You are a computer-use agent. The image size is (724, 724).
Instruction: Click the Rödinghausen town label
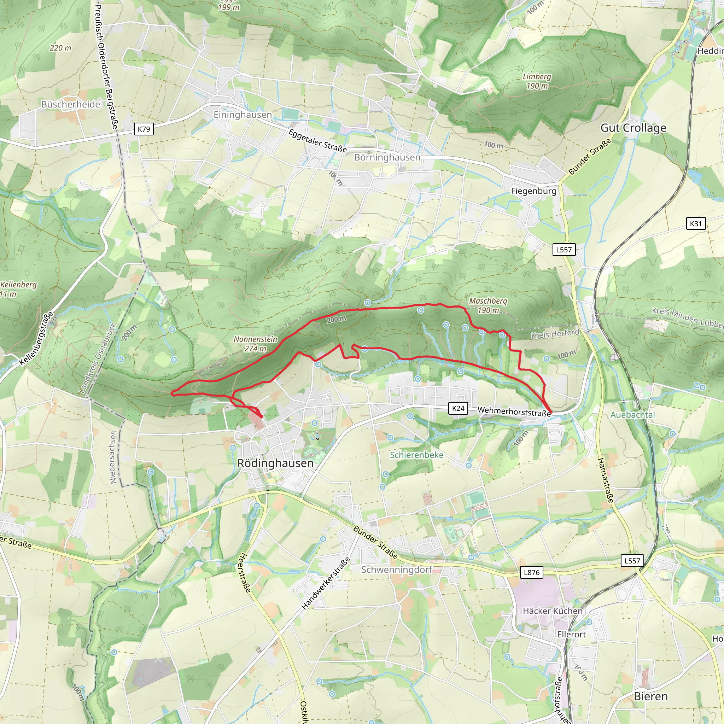click(x=275, y=463)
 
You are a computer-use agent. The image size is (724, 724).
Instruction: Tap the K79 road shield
click(x=144, y=129)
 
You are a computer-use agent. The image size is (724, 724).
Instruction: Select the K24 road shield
click(x=458, y=408)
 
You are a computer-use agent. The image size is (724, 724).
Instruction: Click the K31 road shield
click(x=695, y=224)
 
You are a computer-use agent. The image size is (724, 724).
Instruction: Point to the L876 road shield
click(x=531, y=572)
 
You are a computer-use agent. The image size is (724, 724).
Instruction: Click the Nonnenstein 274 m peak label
click(x=256, y=344)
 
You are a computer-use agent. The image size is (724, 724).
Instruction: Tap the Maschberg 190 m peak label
click(x=488, y=305)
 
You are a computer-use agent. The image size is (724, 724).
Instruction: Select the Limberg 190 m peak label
click(x=537, y=81)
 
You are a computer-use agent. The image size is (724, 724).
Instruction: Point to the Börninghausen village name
click(x=387, y=157)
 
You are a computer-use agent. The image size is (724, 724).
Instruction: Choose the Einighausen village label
click(x=243, y=115)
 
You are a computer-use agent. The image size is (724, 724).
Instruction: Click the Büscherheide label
click(x=71, y=104)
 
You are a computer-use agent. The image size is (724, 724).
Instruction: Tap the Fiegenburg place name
click(x=533, y=191)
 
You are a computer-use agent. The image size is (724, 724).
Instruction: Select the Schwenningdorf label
click(x=397, y=570)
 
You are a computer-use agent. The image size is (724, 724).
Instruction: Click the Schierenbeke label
click(x=416, y=455)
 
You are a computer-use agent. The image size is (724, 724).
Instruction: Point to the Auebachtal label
click(x=632, y=415)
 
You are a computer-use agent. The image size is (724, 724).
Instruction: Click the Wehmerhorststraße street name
click(x=514, y=411)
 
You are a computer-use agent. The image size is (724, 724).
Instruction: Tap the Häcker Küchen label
click(x=553, y=611)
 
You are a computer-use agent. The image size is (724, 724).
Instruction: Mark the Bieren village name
click(x=651, y=696)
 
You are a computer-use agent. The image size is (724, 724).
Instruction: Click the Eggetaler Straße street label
click(x=318, y=141)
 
